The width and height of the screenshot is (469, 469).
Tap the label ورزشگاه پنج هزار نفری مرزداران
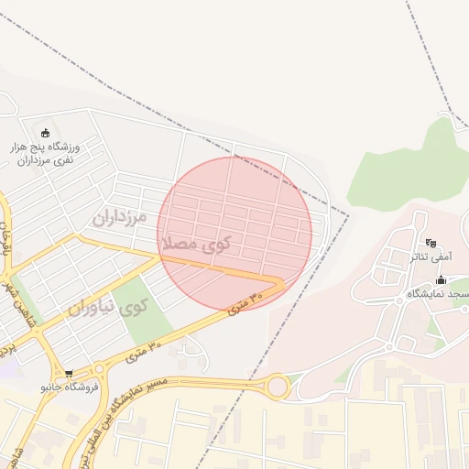[x=46, y=153]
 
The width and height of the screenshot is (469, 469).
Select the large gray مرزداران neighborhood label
[x=119, y=217]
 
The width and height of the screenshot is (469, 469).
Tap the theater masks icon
[x=431, y=243]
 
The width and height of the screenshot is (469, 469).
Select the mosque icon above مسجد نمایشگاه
[x=441, y=280]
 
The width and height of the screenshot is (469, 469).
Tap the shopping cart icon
[x=68, y=374]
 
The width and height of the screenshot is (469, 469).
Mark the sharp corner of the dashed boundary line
[x=348, y=215]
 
